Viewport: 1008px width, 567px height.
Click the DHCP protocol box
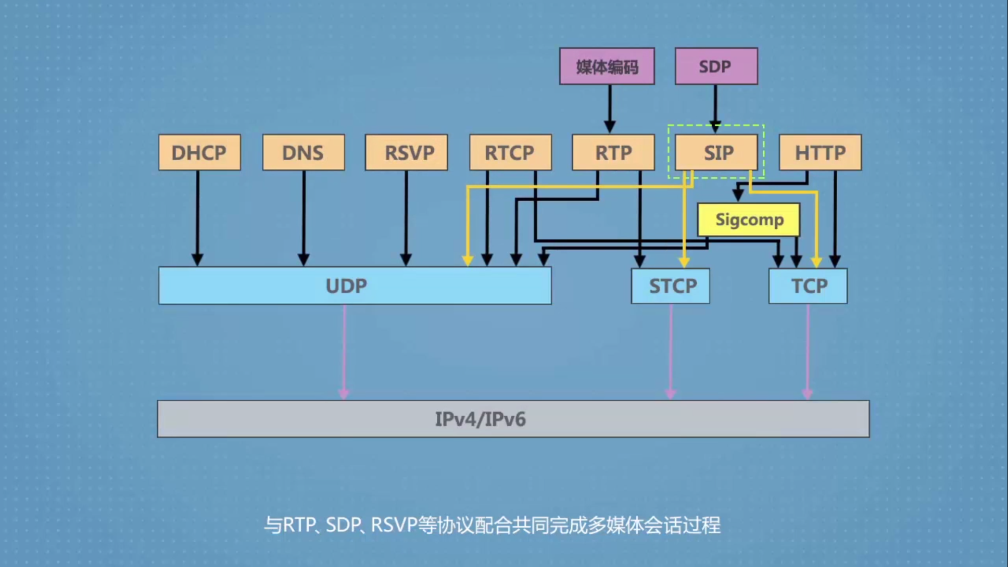[x=199, y=152]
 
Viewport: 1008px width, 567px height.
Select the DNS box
[x=303, y=152]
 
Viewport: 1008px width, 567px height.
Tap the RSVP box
[x=407, y=152]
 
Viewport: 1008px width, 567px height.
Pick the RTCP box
[x=510, y=152]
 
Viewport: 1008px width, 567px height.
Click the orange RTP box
[x=613, y=152]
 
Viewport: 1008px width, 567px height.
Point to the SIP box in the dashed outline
[x=717, y=152]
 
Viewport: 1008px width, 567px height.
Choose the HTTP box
[x=820, y=152]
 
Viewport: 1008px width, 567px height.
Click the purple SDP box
[x=716, y=66]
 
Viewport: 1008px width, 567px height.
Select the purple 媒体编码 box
[x=607, y=66]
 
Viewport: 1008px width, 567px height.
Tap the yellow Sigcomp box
[x=749, y=220]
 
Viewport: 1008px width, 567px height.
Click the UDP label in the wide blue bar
[x=346, y=286]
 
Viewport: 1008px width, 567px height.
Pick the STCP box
[x=670, y=286]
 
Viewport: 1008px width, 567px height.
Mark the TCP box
[x=808, y=286]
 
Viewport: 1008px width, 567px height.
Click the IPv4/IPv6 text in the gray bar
[x=480, y=419]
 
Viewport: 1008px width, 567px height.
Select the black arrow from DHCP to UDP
[x=197, y=217]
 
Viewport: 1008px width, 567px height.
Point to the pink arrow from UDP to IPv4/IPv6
[x=344, y=353]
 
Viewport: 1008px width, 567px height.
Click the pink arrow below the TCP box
[x=808, y=353]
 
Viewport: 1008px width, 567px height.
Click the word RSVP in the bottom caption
[x=394, y=525]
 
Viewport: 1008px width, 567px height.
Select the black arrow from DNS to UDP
[x=303, y=217]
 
